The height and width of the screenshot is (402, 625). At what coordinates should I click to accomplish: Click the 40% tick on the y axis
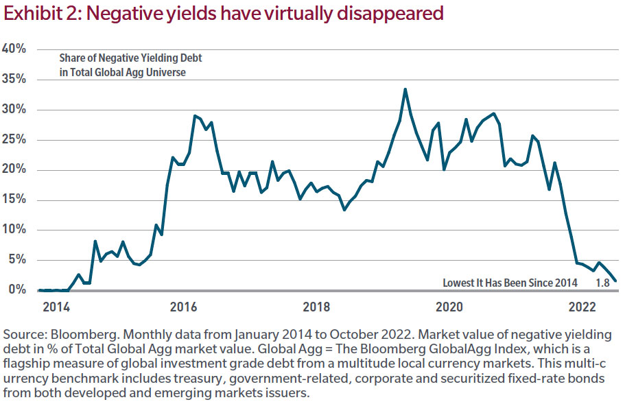(15, 49)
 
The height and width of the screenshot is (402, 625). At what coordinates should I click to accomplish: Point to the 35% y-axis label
(15, 80)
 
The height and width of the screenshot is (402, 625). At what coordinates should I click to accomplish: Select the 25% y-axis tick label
(15, 139)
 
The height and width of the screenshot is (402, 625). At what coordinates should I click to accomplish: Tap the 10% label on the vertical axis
(15, 230)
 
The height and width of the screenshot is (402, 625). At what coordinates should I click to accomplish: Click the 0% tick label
(18, 289)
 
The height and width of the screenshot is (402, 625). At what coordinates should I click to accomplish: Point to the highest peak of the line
(405, 89)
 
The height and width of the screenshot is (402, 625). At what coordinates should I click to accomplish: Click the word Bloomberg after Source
(80, 334)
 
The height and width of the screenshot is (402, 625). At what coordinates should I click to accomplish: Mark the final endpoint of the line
(615, 281)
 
